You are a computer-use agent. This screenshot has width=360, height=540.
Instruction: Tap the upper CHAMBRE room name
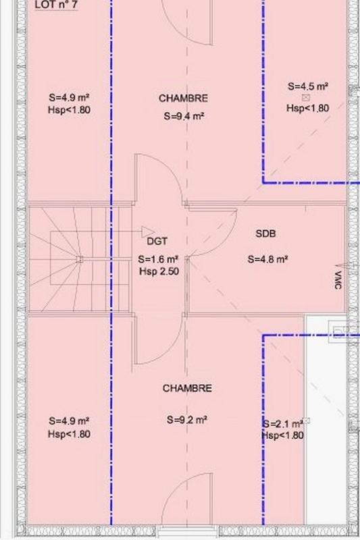(x=183, y=99)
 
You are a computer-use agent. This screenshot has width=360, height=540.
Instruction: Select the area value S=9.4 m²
(x=184, y=116)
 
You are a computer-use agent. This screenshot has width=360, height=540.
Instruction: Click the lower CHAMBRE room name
(x=187, y=389)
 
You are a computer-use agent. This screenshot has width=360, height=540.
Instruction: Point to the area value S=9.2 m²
(x=187, y=419)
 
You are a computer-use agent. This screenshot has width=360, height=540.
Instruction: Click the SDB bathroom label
(x=265, y=234)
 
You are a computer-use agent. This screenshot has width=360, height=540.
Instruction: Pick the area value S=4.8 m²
(x=268, y=258)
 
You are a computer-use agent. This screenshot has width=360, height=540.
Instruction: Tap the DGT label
(x=157, y=240)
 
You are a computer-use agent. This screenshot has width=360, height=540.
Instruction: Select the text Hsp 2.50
(x=159, y=271)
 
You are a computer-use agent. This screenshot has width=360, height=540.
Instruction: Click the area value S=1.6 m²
(x=158, y=259)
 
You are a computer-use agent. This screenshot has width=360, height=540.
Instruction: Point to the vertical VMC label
(x=337, y=280)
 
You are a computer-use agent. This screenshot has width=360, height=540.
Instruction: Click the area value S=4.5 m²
(x=308, y=86)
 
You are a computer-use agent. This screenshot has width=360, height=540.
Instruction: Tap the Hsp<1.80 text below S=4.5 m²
(x=308, y=108)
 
